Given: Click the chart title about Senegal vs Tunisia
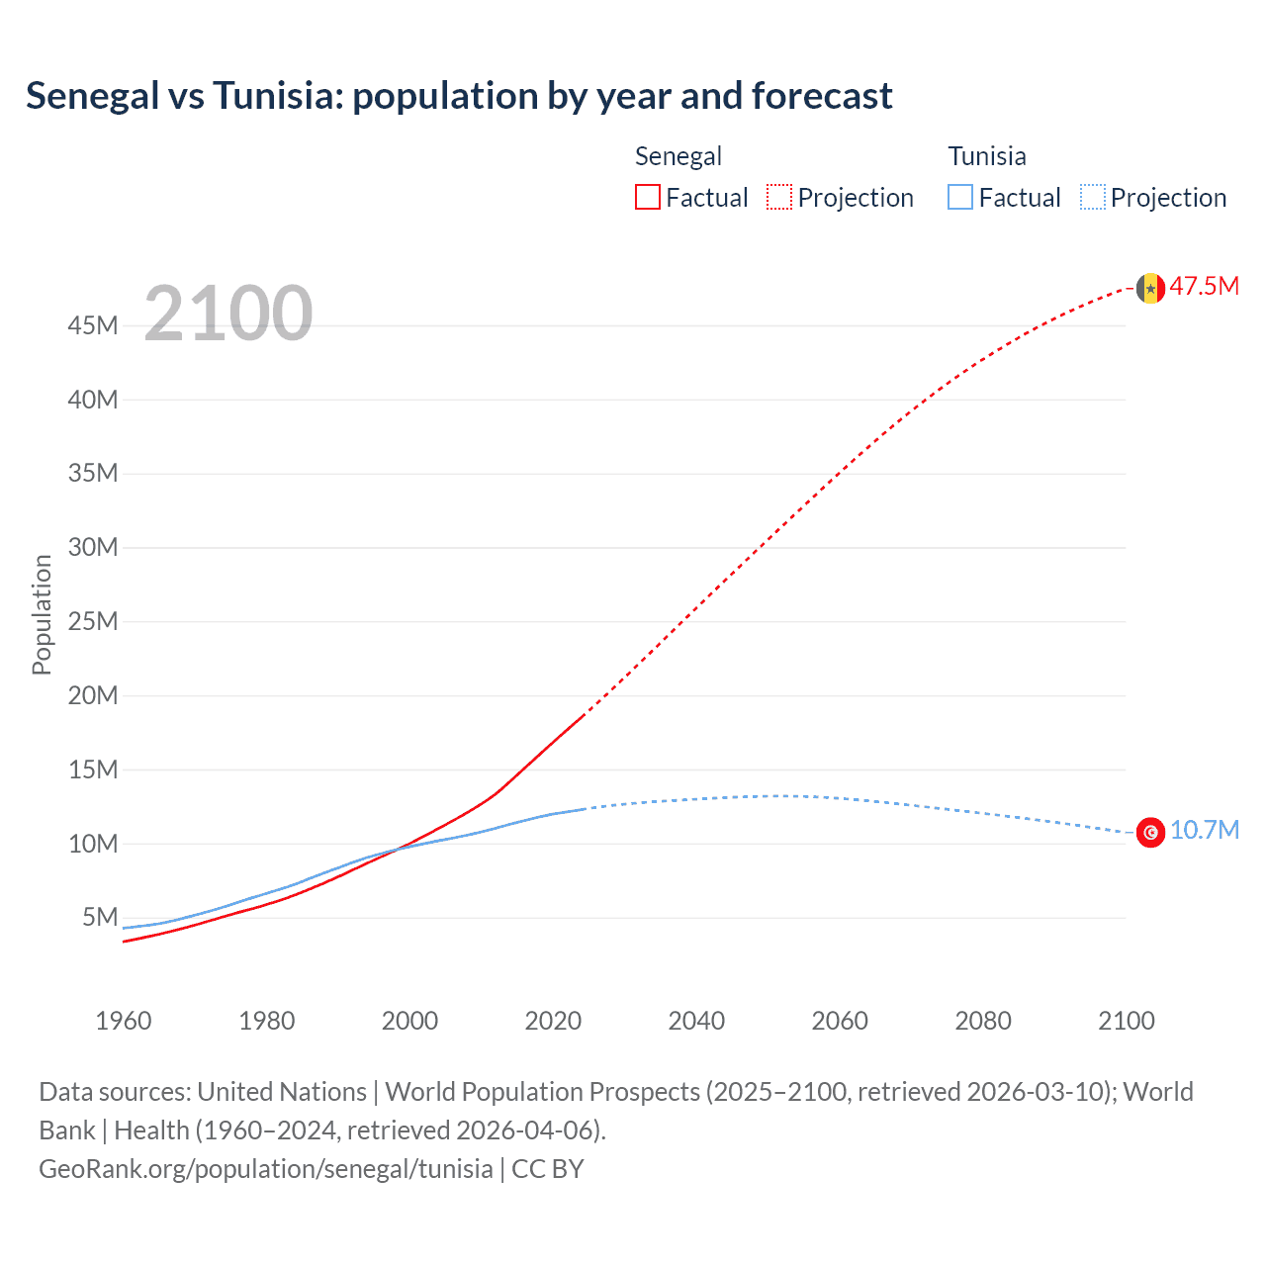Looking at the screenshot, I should (459, 96).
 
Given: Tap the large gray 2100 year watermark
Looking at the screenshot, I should (228, 314).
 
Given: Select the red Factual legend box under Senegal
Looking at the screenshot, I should (647, 197).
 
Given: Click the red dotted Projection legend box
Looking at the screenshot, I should (779, 197).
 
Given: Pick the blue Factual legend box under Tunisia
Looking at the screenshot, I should (960, 197).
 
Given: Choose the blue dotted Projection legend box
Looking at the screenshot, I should (1092, 197).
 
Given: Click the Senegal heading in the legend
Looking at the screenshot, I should (678, 156).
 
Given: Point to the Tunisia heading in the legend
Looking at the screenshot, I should (986, 156).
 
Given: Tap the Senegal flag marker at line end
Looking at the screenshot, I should (1149, 288).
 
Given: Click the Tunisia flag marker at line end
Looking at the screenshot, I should (1149, 833).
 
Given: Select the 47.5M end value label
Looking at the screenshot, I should (1204, 287).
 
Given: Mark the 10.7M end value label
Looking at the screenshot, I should (1204, 830).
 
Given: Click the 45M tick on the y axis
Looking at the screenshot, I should (93, 325).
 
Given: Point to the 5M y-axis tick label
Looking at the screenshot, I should (100, 917).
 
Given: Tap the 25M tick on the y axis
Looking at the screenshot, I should (93, 621).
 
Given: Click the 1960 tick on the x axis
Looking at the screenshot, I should (124, 1021).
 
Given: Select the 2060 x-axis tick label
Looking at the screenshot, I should (839, 1021).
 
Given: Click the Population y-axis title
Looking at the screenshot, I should (42, 614).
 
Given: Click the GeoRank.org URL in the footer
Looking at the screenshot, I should (265, 1169).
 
